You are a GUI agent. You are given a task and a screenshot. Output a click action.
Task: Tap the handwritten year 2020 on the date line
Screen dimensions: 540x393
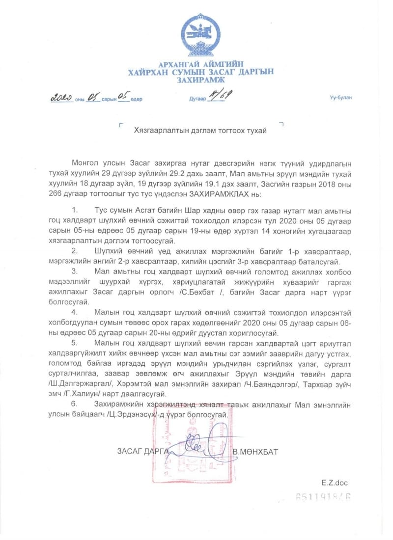[62, 98]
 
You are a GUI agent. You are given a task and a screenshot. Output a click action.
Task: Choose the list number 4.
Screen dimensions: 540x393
[75, 312]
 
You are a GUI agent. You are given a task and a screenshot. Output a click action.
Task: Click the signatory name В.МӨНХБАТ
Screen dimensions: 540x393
[255, 452]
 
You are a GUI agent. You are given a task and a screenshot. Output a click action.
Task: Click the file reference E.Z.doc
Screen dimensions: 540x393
[335, 483]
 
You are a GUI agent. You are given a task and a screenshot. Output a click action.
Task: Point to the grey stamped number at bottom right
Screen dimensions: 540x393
[323, 497]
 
